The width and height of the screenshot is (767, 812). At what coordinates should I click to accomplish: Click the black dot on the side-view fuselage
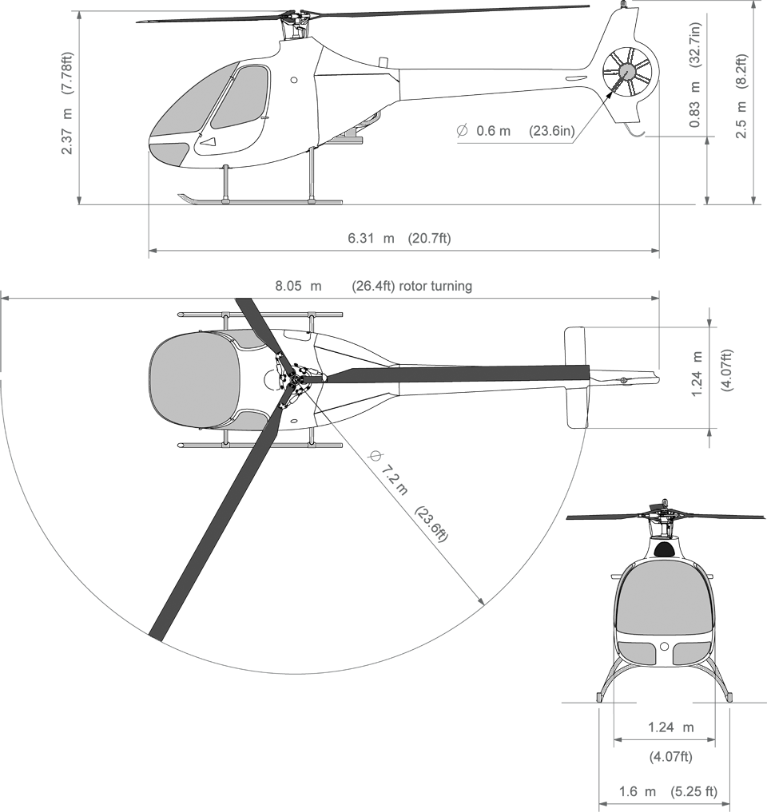[294, 80]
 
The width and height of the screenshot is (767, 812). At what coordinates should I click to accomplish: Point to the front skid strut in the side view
[226, 182]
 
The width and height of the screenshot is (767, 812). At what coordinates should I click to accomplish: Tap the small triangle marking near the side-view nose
[208, 141]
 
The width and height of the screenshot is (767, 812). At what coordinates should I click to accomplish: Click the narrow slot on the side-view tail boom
[575, 77]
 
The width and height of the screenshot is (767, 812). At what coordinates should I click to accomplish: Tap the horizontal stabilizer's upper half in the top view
[575, 345]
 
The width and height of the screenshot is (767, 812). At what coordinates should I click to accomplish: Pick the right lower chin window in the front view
[688, 653]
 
